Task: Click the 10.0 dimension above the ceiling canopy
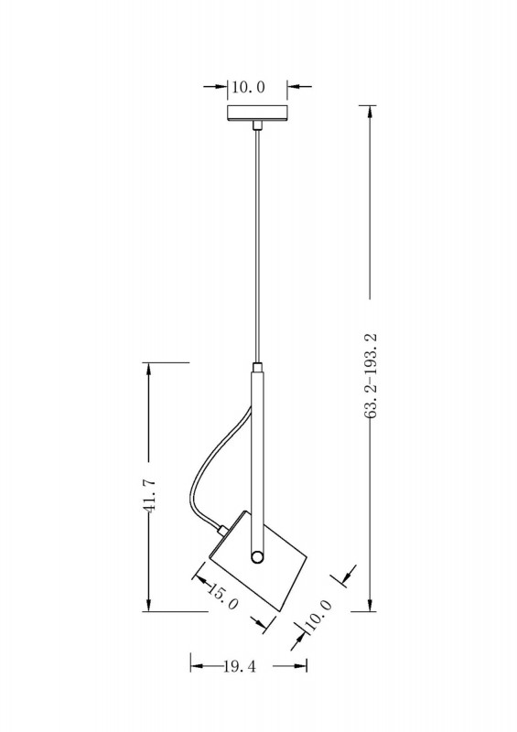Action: (248, 87)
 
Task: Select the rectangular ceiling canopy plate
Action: (257, 113)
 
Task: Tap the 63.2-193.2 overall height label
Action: (372, 376)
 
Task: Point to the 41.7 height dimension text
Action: (149, 496)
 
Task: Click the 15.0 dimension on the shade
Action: (222, 597)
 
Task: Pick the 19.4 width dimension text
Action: (240, 666)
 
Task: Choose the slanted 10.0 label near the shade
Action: (318, 615)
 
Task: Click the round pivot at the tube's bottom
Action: (257, 557)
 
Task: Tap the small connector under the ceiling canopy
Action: (256, 125)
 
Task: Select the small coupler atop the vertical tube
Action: (257, 367)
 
